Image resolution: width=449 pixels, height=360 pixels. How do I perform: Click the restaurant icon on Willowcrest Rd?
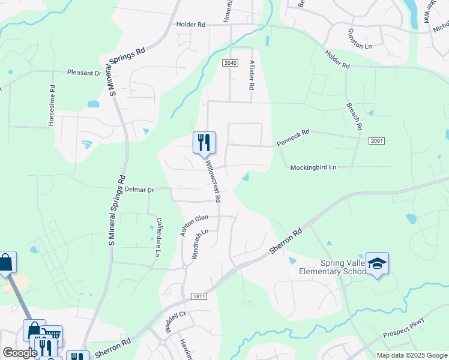tap(203, 142)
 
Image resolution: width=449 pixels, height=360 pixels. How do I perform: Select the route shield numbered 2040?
tap(231, 63)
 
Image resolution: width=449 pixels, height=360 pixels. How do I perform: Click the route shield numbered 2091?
tap(376, 141)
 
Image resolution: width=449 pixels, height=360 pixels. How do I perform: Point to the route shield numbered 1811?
tap(199, 296)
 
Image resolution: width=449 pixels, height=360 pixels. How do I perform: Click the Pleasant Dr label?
tap(84, 73)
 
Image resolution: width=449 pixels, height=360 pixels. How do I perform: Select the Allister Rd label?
tap(252, 74)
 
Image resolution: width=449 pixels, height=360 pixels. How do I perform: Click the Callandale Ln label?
tap(158, 237)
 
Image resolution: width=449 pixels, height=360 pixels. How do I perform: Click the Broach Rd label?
tap(355, 116)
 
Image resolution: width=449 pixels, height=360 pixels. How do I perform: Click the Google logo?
tap(20, 353)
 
